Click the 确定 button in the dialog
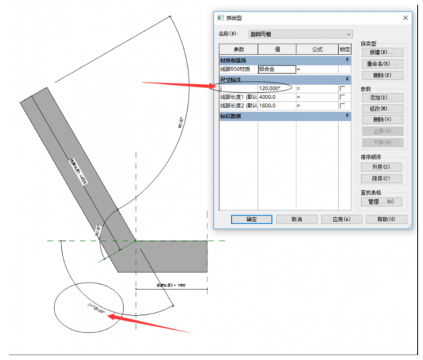(251, 219)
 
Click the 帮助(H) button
(386, 219)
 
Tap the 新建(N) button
(382, 52)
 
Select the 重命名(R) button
(382, 63)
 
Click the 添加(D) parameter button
(382, 98)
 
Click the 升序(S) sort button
(382, 167)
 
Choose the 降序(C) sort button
(382, 178)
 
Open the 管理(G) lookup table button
(382, 202)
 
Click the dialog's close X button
(405, 18)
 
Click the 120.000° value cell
(276, 88)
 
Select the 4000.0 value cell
(276, 97)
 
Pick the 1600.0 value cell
(276, 106)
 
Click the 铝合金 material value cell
(276, 69)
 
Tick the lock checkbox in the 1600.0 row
(344, 106)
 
